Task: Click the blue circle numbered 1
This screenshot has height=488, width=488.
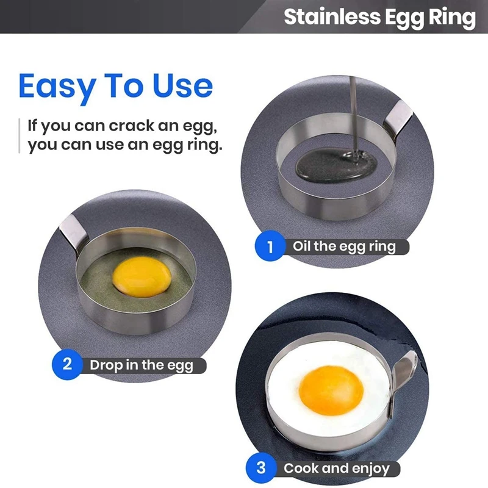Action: point(270,246)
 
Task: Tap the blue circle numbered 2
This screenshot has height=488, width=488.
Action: point(67,364)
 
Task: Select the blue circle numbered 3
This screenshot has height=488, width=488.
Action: point(261,467)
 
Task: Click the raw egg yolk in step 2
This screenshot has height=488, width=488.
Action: point(142,277)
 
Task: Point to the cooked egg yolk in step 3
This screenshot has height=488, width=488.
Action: point(331,390)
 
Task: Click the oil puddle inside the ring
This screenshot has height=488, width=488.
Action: point(336,165)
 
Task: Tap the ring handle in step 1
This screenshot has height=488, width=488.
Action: point(398,119)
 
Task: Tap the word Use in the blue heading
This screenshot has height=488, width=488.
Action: point(182,85)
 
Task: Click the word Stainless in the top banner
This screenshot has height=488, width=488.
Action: point(332,17)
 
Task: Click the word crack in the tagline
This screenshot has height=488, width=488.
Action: point(132,126)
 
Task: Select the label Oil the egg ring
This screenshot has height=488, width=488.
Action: point(344,247)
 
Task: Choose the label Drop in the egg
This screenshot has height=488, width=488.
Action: point(142,365)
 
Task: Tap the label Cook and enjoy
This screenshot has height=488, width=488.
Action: point(337,468)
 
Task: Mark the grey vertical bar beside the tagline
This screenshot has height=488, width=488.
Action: point(20,135)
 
